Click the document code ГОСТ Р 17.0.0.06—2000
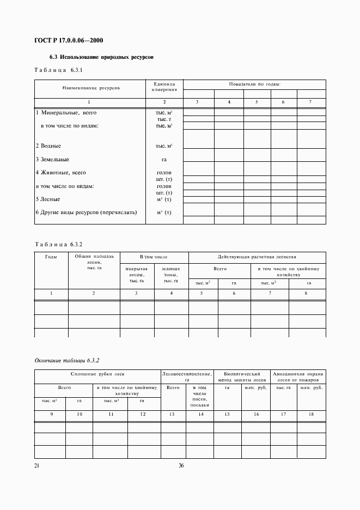point(69,41)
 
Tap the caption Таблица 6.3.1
point(58,71)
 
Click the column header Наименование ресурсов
point(91,87)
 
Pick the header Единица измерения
point(164,87)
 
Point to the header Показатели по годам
point(254,84)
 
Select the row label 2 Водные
point(48,146)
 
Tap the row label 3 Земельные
point(52,159)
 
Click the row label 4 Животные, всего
point(61,173)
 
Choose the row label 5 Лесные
point(48,199)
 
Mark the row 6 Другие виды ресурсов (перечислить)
point(86,212)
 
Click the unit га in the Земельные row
point(164,160)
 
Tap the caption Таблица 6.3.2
point(58,245)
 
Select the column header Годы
point(51,256)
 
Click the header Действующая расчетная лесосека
point(257,256)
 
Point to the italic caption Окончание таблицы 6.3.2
point(67,361)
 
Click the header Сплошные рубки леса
point(97,374)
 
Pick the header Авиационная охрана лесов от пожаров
point(298,377)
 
